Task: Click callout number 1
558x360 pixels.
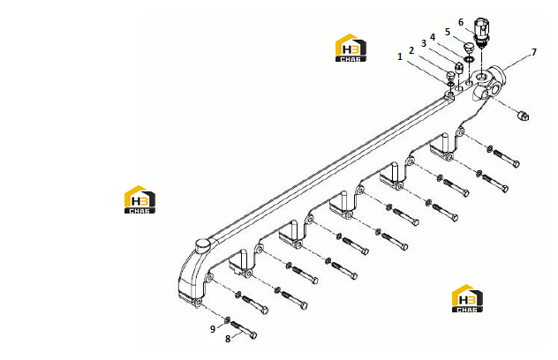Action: tap(400, 56)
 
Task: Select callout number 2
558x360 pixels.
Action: tap(411, 50)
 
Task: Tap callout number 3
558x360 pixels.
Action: tap(424, 43)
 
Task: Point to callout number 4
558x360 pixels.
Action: tap(433, 37)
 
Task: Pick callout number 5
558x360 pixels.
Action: tap(448, 32)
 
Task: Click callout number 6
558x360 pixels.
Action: tap(461, 22)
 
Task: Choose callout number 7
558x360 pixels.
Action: tap(534, 52)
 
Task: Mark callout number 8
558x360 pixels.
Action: tap(228, 339)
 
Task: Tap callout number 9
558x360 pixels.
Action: tap(213, 329)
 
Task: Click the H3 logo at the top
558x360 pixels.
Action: tap(351, 48)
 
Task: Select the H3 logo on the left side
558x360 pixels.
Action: tap(139, 199)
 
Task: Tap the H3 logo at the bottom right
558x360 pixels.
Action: tap(468, 298)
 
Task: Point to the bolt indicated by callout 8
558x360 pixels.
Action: tap(244, 330)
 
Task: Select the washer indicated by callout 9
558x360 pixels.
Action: tap(227, 319)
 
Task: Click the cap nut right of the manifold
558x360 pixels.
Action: tap(523, 116)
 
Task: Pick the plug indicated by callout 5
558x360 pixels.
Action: tap(470, 48)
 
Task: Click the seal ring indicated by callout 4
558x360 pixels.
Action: tap(469, 59)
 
